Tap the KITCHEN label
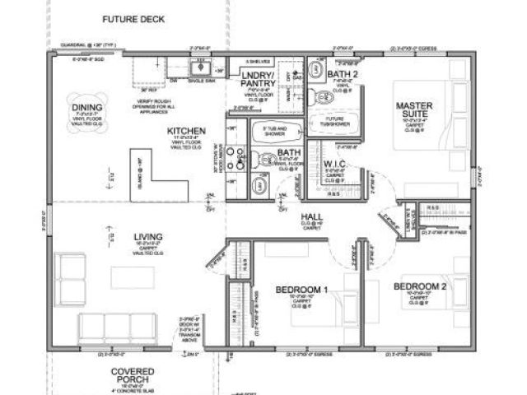click(186, 131)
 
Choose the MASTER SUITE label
click(415, 109)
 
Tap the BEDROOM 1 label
click(301, 290)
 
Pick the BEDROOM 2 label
click(419, 286)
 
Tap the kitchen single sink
click(199, 66)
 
